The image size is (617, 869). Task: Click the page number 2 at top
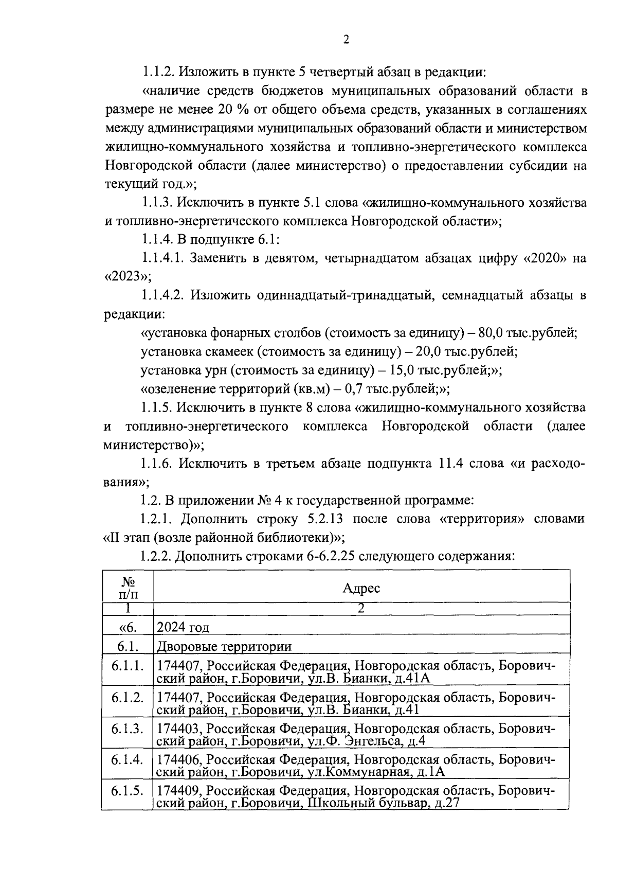(x=346, y=40)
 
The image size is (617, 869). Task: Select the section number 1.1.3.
(x=156, y=203)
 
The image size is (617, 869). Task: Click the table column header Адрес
(x=361, y=588)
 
